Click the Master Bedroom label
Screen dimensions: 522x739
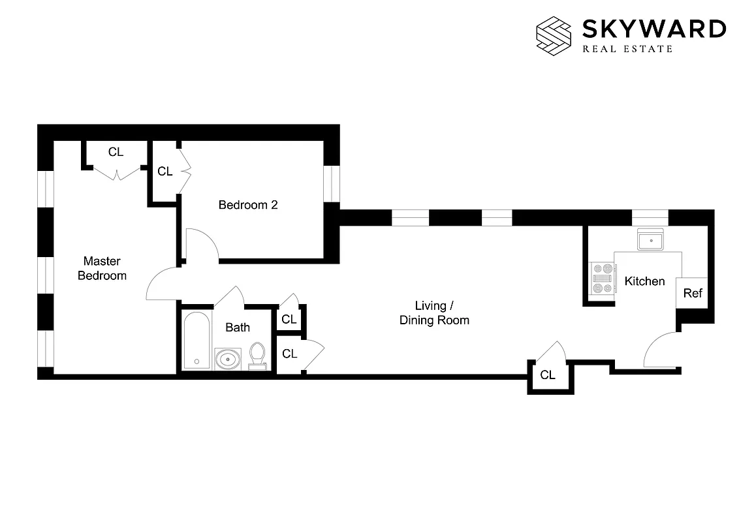pyautogui.click(x=102, y=268)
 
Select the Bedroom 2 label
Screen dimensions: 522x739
pyautogui.click(x=248, y=205)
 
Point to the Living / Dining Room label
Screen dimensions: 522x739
pyautogui.click(x=434, y=313)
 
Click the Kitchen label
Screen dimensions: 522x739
pyautogui.click(x=644, y=281)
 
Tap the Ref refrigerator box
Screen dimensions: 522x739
pyautogui.click(x=693, y=294)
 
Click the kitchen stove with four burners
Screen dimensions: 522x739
pyautogui.click(x=601, y=279)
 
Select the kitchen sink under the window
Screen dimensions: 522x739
pyautogui.click(x=651, y=241)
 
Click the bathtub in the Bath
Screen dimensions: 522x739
pyautogui.click(x=197, y=340)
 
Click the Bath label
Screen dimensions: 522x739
pyautogui.click(x=238, y=327)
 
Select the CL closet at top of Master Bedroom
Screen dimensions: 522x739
pyautogui.click(x=116, y=153)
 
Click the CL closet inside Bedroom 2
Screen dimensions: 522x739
pyautogui.click(x=165, y=172)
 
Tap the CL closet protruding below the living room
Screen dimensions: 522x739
pyautogui.click(x=548, y=375)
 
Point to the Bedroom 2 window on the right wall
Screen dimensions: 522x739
pyautogui.click(x=332, y=183)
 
